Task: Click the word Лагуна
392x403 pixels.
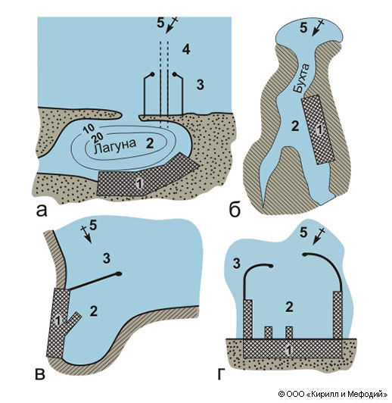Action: click(115, 146)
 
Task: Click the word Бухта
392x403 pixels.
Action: click(302, 78)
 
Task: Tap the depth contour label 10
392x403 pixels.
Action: click(89, 130)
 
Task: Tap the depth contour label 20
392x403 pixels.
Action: click(97, 138)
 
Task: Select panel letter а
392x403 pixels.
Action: click(42, 211)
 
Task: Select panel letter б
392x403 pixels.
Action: click(235, 210)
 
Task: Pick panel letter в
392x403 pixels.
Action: click(40, 374)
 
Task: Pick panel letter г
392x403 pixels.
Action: click(221, 374)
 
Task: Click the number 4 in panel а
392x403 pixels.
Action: click(186, 49)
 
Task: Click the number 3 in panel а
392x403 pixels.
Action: click(201, 85)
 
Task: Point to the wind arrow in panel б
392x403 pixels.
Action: click(318, 29)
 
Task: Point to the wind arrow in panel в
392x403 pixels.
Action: click(87, 234)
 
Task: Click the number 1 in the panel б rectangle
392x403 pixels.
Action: click(319, 130)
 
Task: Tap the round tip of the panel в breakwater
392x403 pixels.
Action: click(118, 273)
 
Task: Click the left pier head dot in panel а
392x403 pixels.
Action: click(152, 74)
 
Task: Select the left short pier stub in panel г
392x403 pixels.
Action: click(268, 333)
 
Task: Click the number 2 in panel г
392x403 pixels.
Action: click(289, 307)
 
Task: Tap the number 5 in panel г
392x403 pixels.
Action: click(303, 233)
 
